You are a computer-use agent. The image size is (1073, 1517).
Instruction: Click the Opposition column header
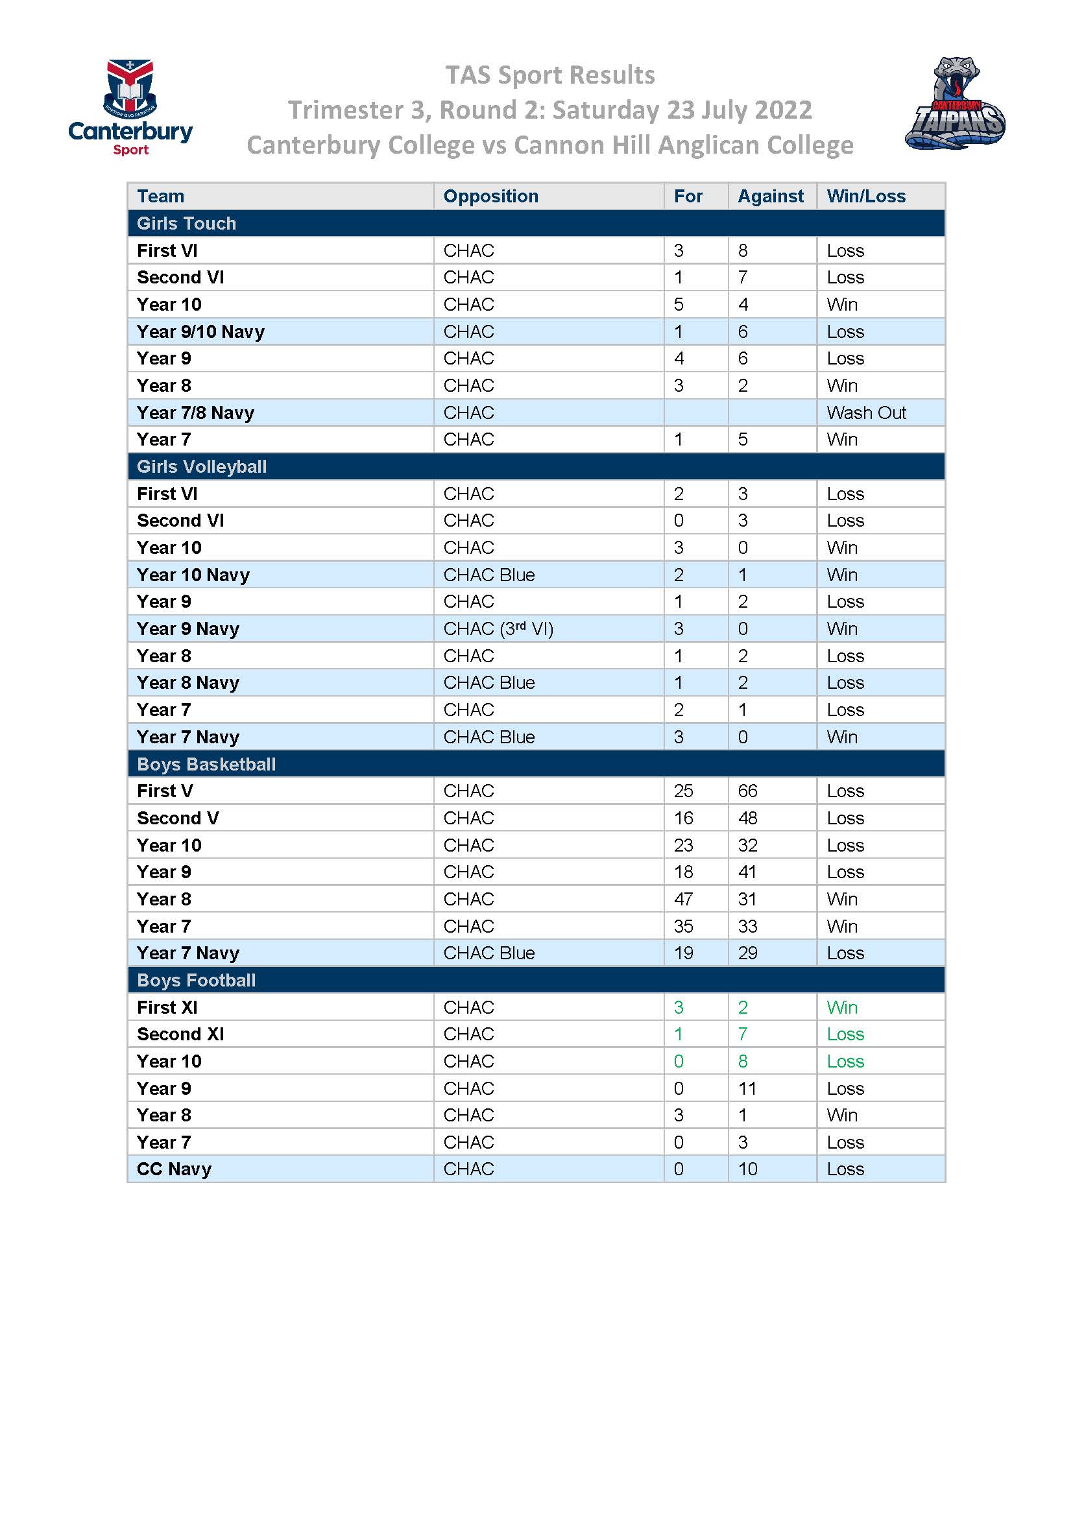pyautogui.click(x=490, y=197)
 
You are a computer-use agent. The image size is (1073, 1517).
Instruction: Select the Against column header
pyautogui.click(x=771, y=197)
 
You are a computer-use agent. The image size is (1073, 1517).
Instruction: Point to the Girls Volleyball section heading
pyautogui.click(x=202, y=466)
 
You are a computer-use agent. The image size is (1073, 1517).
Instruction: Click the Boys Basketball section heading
pyautogui.click(x=206, y=765)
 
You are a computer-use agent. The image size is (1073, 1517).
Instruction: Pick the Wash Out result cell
pyautogui.click(x=865, y=413)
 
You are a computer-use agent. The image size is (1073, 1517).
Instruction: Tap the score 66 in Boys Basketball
pyautogui.click(x=747, y=791)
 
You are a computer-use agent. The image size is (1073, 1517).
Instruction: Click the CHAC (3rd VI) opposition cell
pyautogui.click(x=498, y=628)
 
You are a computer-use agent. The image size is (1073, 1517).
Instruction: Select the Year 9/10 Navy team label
pyautogui.click(x=200, y=331)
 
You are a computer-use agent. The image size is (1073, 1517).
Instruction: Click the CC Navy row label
pyautogui.click(x=174, y=1169)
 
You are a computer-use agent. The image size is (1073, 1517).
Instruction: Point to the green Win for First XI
pyautogui.click(x=842, y=1008)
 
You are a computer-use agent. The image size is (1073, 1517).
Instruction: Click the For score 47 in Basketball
pyautogui.click(x=683, y=899)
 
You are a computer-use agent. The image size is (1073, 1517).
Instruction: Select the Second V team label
pyautogui.click(x=178, y=818)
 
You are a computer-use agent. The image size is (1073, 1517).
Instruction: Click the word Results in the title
pyautogui.click(x=611, y=75)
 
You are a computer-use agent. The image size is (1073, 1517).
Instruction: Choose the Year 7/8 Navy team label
pyautogui.click(x=195, y=413)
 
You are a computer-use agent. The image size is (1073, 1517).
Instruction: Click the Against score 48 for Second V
pyautogui.click(x=747, y=818)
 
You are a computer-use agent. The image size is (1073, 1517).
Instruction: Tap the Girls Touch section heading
pyautogui.click(x=186, y=223)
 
